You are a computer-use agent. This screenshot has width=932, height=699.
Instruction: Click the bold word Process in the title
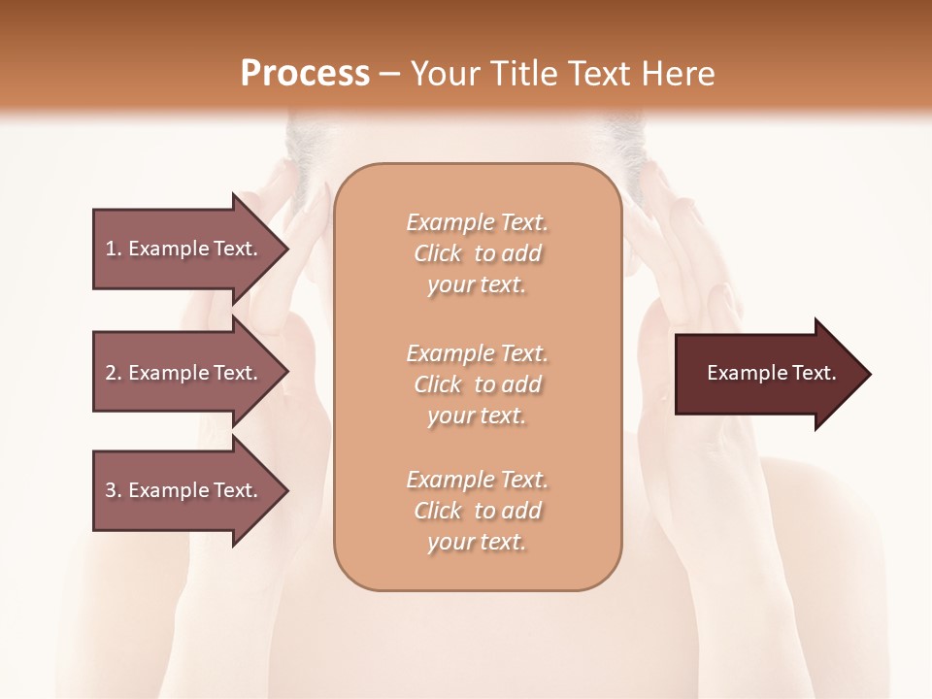305,74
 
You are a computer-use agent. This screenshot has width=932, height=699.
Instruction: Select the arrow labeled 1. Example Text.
184,249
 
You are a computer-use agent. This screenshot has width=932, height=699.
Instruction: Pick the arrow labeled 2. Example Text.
184,373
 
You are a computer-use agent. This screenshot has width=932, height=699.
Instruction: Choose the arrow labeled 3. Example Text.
184,490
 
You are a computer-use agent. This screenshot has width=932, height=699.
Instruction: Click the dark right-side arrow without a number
767,374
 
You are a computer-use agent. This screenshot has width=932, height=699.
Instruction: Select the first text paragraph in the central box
477,253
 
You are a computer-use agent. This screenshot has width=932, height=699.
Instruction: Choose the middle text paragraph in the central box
477,384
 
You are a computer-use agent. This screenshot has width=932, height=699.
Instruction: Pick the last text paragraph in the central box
477,511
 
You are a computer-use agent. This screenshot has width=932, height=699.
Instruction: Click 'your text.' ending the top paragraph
477,285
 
